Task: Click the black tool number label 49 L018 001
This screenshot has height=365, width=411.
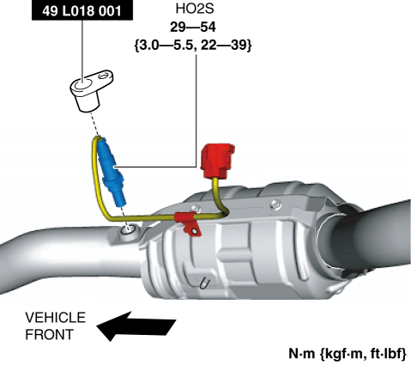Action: [x=82, y=11]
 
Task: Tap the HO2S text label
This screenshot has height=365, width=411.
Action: [x=195, y=9]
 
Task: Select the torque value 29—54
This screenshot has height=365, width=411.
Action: [x=193, y=27]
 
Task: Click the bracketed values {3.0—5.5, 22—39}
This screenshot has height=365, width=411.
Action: [x=193, y=46]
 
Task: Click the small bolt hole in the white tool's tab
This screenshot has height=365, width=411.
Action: [x=103, y=76]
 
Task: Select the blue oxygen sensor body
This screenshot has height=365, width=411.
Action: [x=111, y=171]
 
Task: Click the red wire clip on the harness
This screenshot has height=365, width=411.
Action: [x=189, y=223]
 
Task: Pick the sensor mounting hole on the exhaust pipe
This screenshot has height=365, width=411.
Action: [x=128, y=229]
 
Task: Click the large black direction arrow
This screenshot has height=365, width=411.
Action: [x=136, y=326]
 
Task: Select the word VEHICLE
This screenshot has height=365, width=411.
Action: [x=55, y=318]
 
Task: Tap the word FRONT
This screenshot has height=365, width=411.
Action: [x=50, y=334]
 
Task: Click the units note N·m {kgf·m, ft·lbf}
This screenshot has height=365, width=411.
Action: [x=348, y=354]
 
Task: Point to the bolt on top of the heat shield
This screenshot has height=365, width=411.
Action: [x=275, y=204]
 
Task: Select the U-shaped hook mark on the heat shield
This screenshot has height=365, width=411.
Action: [x=204, y=283]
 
